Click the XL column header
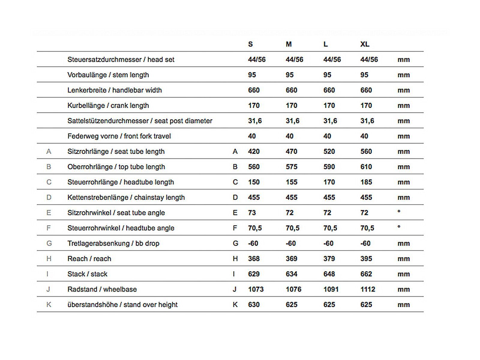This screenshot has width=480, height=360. pos(364,44)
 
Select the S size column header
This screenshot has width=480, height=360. pos(250,44)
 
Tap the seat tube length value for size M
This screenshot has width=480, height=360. pos(291,151)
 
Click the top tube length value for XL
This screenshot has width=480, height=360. pos(366,167)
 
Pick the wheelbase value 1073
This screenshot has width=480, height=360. pos(256,289)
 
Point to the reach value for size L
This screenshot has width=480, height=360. pos(329,259)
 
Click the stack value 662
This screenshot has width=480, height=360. pos(366,274)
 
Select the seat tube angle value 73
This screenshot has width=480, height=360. pos(252,213)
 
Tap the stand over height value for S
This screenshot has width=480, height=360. pos(254,305)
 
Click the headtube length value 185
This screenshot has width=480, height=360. pos(366,182)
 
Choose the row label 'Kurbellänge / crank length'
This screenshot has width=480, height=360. pos(108,106)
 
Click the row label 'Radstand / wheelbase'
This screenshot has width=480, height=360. pos(102,289)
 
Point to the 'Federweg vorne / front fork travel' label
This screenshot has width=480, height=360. pos(119,136)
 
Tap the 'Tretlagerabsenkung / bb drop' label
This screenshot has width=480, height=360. pos(113,243)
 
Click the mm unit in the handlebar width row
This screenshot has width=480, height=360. pos(403,90)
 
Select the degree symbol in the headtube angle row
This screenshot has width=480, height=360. pos(399,227)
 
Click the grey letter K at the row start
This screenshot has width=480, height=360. pos(49,305)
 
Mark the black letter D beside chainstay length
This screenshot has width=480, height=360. pos(235,197)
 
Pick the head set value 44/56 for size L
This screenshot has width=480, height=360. pos(332,60)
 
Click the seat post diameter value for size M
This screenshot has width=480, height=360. pos(292,121)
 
